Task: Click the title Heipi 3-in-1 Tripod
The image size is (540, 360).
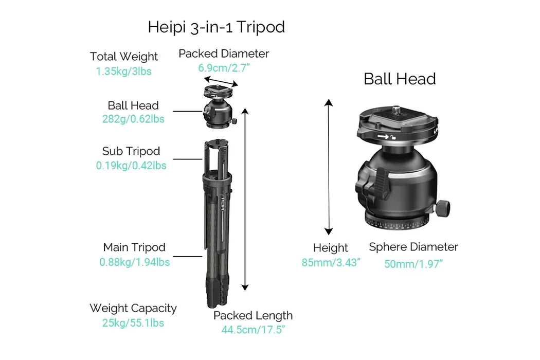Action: coord(216,27)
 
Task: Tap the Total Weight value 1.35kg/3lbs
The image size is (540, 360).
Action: coord(123,71)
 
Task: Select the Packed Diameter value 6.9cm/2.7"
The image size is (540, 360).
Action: coord(223,67)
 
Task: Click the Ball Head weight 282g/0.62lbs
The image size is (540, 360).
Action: coord(133,119)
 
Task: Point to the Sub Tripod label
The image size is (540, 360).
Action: coord(131,151)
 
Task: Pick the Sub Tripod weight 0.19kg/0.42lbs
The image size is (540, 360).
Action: coord(131,166)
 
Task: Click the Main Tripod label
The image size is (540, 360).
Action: coord(134,247)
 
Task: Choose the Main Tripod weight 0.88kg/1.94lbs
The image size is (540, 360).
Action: coord(134,262)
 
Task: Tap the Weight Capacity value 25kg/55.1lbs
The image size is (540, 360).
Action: coord(133,323)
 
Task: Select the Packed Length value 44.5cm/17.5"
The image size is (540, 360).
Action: coord(253,330)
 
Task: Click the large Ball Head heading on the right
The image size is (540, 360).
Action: coord(400,79)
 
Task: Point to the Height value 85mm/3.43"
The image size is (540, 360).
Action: coord(331,262)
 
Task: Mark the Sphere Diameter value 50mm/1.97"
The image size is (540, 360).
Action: coord(413,264)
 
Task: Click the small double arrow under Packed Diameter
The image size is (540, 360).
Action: coord(221,81)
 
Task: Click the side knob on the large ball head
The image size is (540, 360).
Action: coord(443,208)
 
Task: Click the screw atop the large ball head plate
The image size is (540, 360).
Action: coord(398,109)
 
